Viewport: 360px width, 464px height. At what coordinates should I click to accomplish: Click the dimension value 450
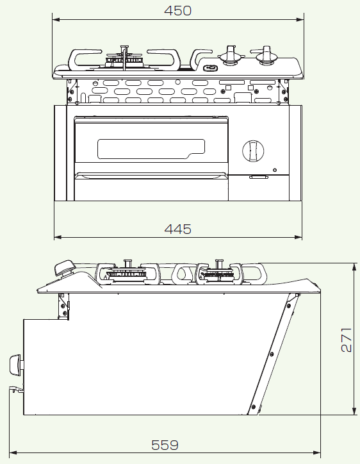tap(178, 10)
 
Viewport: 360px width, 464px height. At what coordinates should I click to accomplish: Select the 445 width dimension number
tap(178, 229)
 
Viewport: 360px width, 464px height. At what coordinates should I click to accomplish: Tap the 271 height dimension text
tap(345, 339)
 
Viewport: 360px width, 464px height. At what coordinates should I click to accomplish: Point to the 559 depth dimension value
tap(165, 444)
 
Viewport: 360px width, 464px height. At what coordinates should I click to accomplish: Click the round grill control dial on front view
tap(252, 151)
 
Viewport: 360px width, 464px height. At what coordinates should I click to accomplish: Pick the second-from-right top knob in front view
tap(230, 56)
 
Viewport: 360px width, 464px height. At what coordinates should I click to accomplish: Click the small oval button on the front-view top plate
tap(210, 67)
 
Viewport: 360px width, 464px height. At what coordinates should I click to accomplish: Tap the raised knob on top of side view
tap(65, 269)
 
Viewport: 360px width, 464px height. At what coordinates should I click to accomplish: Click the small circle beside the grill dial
tap(274, 170)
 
